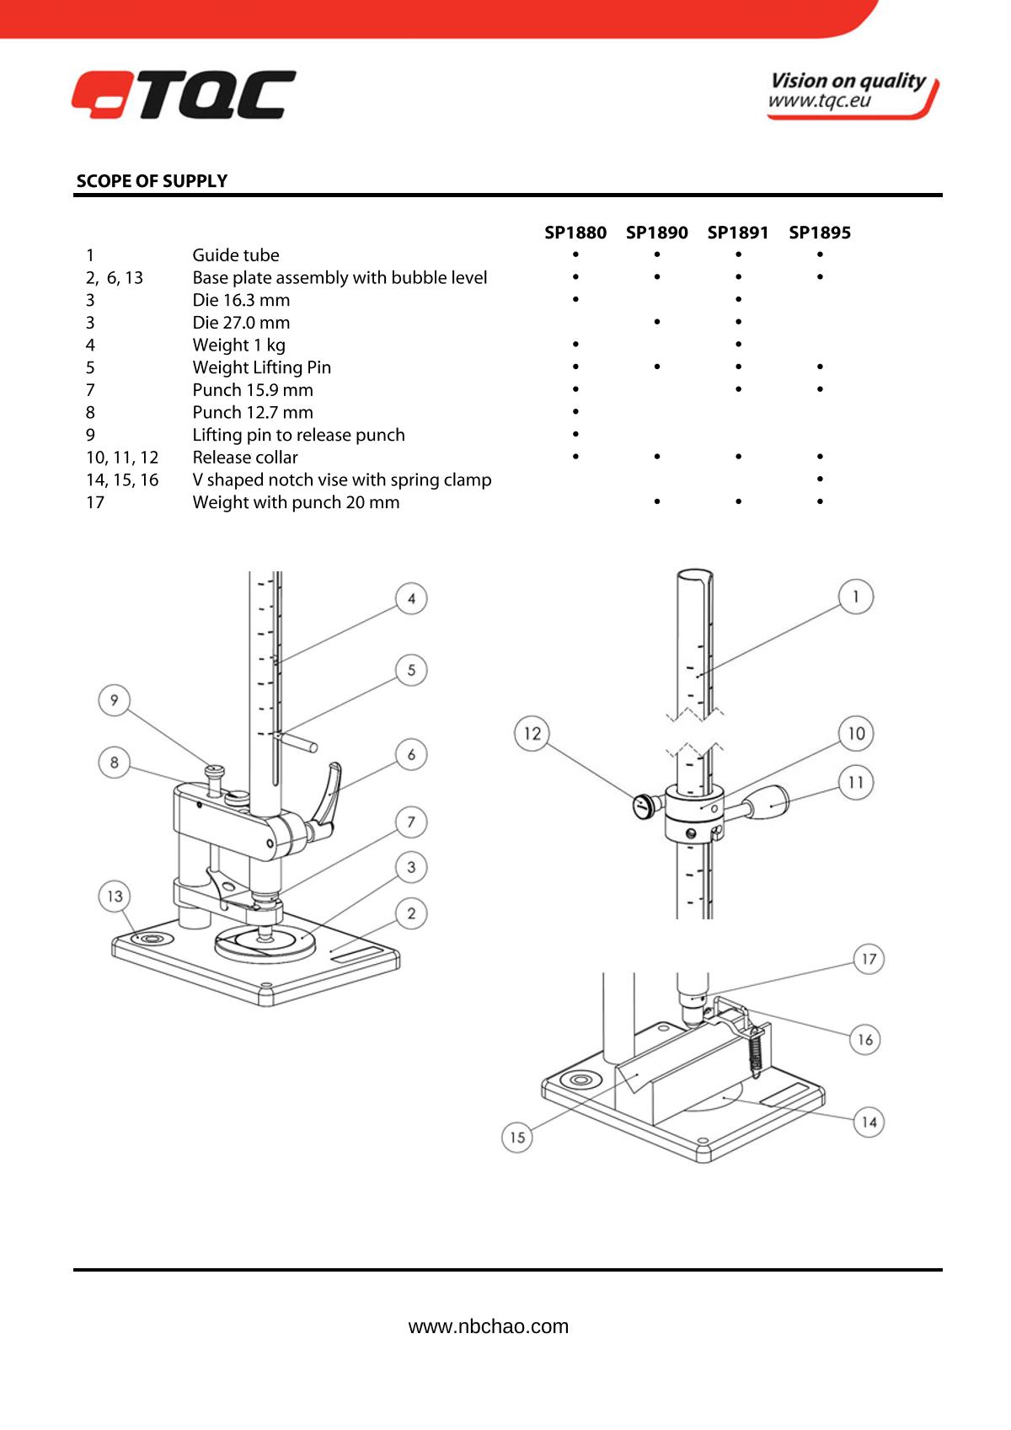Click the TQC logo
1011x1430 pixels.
coord(184,94)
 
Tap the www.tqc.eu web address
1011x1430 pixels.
coord(820,101)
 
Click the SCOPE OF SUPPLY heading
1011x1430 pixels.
coord(152,181)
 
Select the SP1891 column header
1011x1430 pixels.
coord(738,233)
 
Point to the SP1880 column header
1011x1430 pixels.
coord(575,233)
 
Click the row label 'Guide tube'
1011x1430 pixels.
coord(236,255)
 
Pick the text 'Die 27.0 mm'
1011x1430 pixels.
coord(241,323)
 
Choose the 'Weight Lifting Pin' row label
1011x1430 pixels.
coord(262,367)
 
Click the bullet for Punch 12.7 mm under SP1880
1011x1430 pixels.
coord(575,412)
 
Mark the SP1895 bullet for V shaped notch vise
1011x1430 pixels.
coord(820,479)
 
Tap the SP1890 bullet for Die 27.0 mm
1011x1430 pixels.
coord(657,322)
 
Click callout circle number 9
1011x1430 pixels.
coord(115,700)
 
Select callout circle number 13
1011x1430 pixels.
coord(115,897)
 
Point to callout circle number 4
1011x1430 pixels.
coord(411,599)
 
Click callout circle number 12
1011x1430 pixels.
coord(532,733)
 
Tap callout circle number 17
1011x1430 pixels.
coord(869,959)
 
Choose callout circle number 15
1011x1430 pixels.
coord(517,1137)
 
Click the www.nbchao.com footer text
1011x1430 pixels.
coord(489,1326)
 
